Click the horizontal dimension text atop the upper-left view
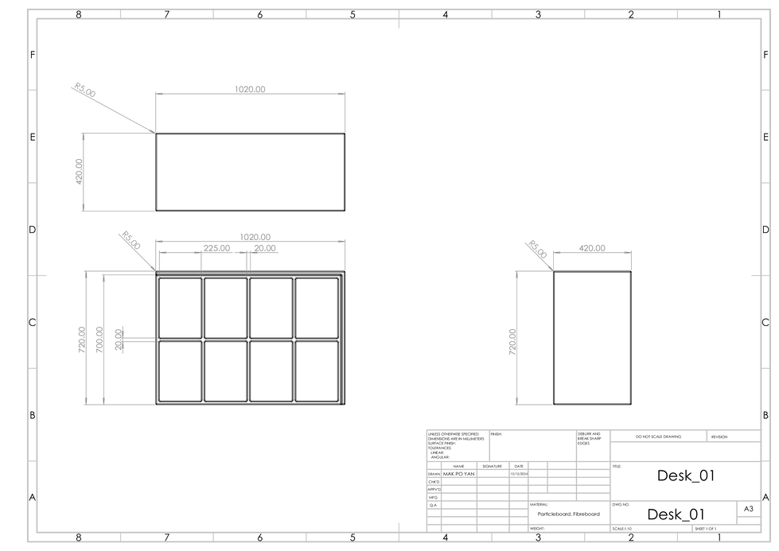[250, 89]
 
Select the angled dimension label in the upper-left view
[84, 89]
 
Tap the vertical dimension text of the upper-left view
[79, 171]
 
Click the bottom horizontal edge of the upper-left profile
[118, 211]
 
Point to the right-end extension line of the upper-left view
[345, 112]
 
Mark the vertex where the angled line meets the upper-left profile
[154, 131]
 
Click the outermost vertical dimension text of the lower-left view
[81, 339]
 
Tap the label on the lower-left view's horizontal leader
[119, 339]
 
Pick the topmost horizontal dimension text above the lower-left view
[255, 235]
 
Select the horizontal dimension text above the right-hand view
[592, 247]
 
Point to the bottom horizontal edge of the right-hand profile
[533, 405]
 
